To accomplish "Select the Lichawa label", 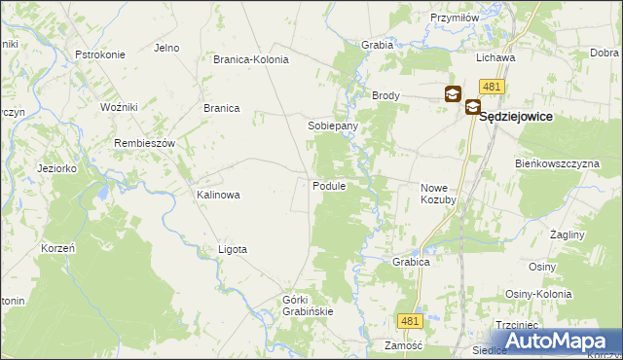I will (x=495, y=57).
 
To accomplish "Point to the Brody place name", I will (x=385, y=96).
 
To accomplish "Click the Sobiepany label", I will (x=333, y=126).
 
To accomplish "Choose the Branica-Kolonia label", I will (x=251, y=59).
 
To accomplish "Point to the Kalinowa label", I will (x=218, y=195).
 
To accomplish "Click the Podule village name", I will (x=329, y=186).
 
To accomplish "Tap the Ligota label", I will (x=233, y=249).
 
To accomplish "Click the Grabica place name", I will (x=412, y=262).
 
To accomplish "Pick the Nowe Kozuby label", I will (x=438, y=193).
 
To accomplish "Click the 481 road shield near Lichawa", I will (x=492, y=87).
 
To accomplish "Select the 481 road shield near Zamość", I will (x=410, y=320).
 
